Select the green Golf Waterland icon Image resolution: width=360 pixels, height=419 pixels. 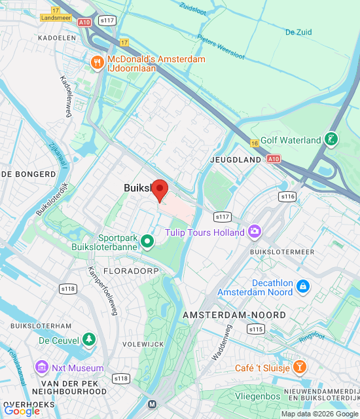(332, 139)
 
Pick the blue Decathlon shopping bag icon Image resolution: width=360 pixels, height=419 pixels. (302, 286)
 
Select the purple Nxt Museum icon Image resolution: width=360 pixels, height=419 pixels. (43, 367)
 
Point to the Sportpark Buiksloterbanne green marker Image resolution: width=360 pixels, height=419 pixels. (148, 242)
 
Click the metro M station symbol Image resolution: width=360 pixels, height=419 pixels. (153, 404)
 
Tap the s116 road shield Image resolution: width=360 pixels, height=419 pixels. (287, 196)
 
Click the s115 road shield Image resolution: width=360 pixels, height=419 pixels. (255, 329)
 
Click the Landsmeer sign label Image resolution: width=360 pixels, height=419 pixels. (55, 18)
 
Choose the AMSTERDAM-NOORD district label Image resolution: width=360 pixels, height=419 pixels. (234, 315)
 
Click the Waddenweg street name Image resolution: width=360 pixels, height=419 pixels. (223, 342)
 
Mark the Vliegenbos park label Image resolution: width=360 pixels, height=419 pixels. (258, 396)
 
